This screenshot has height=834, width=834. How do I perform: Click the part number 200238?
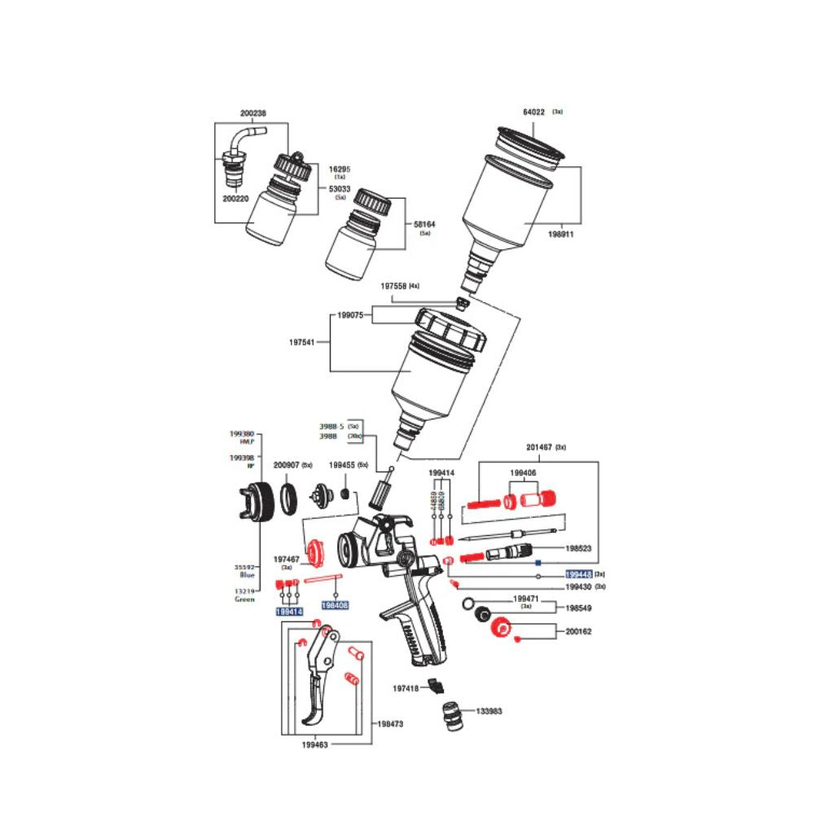[x=252, y=114]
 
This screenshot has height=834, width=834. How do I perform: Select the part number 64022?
[x=533, y=113]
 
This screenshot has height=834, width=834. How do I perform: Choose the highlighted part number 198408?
[x=335, y=606]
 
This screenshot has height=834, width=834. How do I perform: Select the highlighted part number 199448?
[x=578, y=574]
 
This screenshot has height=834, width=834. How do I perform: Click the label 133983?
[x=489, y=711]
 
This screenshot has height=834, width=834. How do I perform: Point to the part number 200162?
[x=580, y=630]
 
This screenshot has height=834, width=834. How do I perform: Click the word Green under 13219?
[x=244, y=599]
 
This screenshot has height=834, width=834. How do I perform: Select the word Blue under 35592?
[x=245, y=575]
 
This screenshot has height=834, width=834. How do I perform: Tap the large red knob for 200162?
[x=499, y=626]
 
